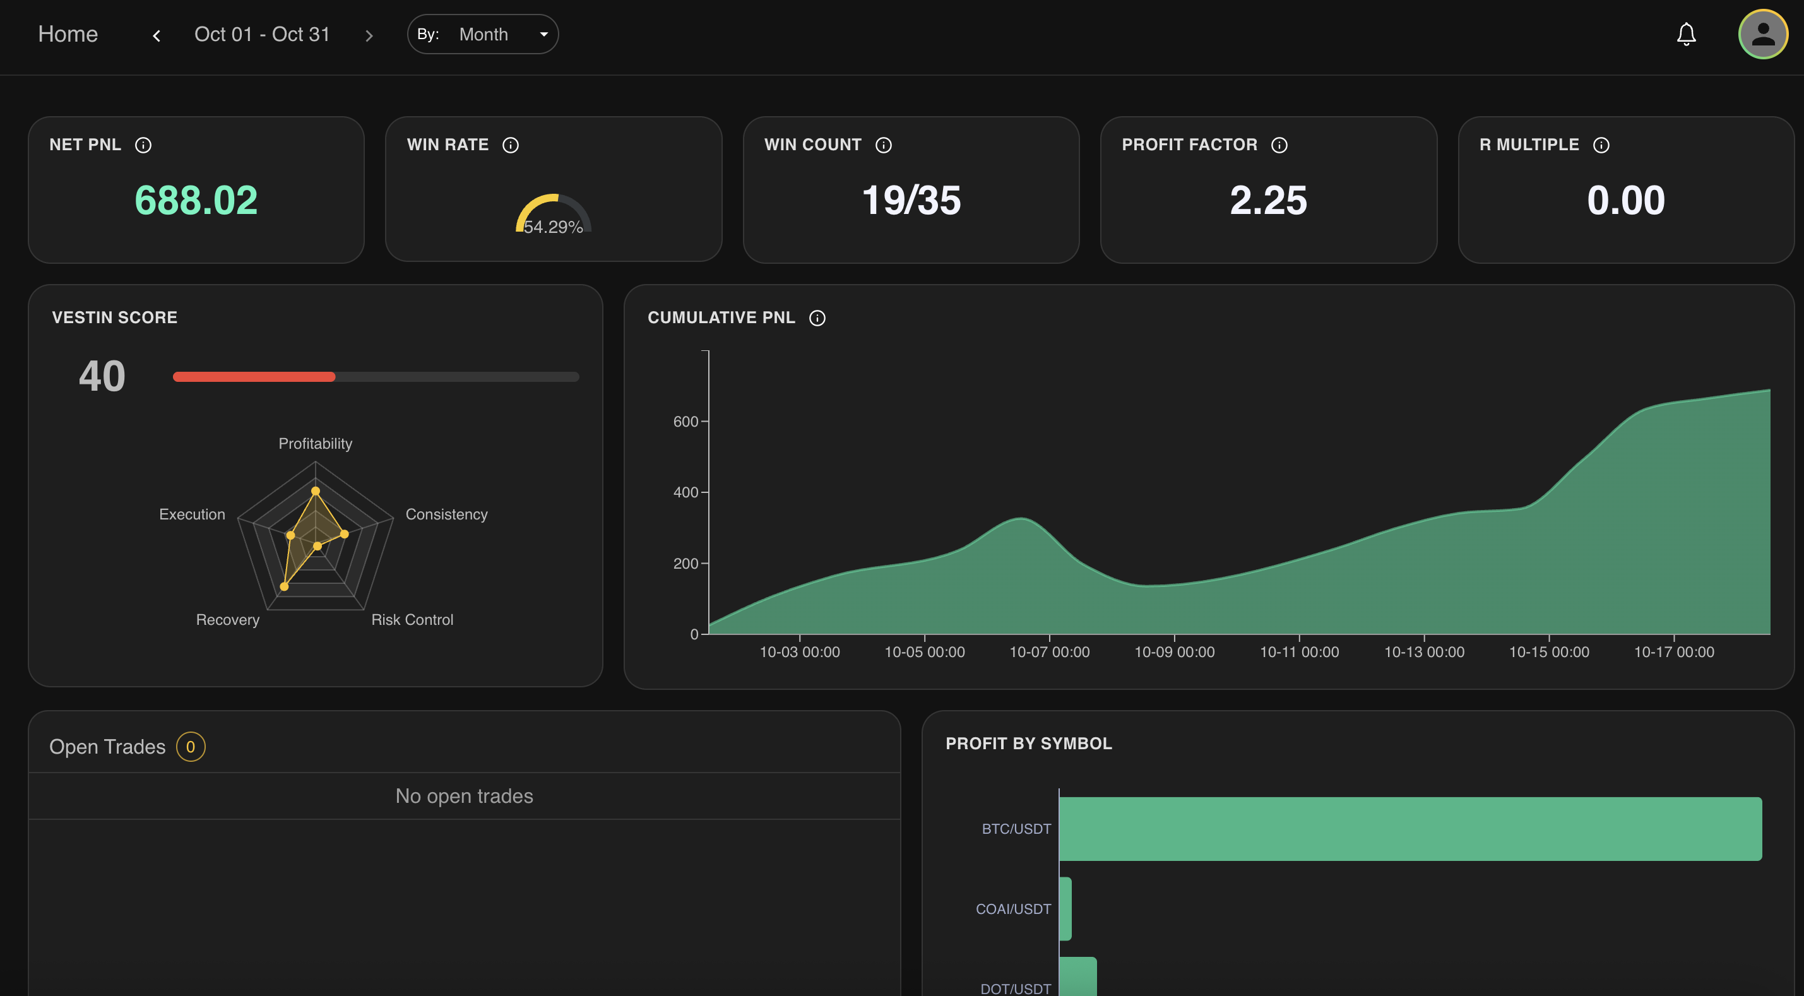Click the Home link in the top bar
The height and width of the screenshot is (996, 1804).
click(68, 34)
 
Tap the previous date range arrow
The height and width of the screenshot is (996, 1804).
click(157, 35)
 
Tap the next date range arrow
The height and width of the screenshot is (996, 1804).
click(369, 35)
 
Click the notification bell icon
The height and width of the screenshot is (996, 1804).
click(1685, 34)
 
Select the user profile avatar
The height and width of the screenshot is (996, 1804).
click(1763, 34)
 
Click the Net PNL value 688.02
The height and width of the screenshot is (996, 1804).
click(196, 200)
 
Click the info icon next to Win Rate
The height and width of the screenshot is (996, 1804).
click(511, 145)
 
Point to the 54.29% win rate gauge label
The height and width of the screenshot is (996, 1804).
click(553, 227)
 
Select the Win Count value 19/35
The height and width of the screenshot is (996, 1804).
click(911, 200)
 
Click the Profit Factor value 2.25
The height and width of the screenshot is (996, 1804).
click(1268, 200)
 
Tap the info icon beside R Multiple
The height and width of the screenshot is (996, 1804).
click(1601, 145)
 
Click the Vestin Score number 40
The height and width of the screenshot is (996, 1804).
click(102, 376)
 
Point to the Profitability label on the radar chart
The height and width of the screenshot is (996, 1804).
click(315, 443)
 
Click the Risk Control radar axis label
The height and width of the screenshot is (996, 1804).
click(412, 620)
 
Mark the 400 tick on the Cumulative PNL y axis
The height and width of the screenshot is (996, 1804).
click(685, 492)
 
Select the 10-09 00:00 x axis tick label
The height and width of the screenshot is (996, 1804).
click(1175, 652)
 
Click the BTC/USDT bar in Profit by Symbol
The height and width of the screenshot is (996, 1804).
click(1409, 829)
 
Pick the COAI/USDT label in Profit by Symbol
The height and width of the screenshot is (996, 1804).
click(1013, 909)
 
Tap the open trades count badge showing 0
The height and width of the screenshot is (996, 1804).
click(191, 747)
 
